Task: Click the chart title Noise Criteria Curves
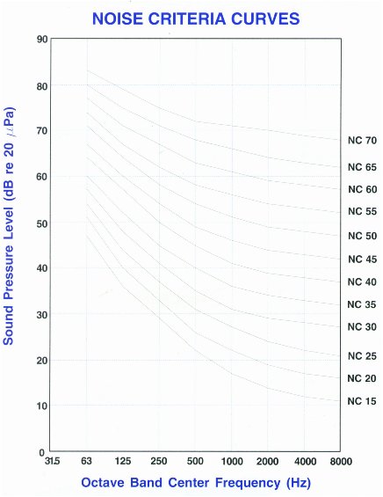coord(191,17)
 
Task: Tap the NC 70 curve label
coord(362,140)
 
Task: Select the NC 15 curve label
coord(362,401)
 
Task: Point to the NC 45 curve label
coord(362,259)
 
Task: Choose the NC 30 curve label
coord(362,326)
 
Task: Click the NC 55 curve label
coord(362,212)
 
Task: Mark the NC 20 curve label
coord(362,378)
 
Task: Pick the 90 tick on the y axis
coord(41,40)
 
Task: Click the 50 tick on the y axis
coord(41,223)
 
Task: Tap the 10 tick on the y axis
coord(41,406)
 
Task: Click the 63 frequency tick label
coord(87,462)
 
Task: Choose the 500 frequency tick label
coord(196,462)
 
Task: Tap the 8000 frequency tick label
coord(340,462)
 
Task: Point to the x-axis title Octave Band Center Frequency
coord(196,482)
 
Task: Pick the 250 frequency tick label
coord(159,462)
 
